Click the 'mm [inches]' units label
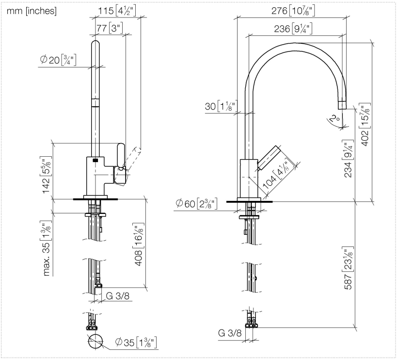pos(31,11)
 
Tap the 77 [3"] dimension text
pos(110,28)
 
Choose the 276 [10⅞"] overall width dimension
pos(293,10)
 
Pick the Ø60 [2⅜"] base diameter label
pos(196,204)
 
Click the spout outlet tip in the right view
pos(342,105)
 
